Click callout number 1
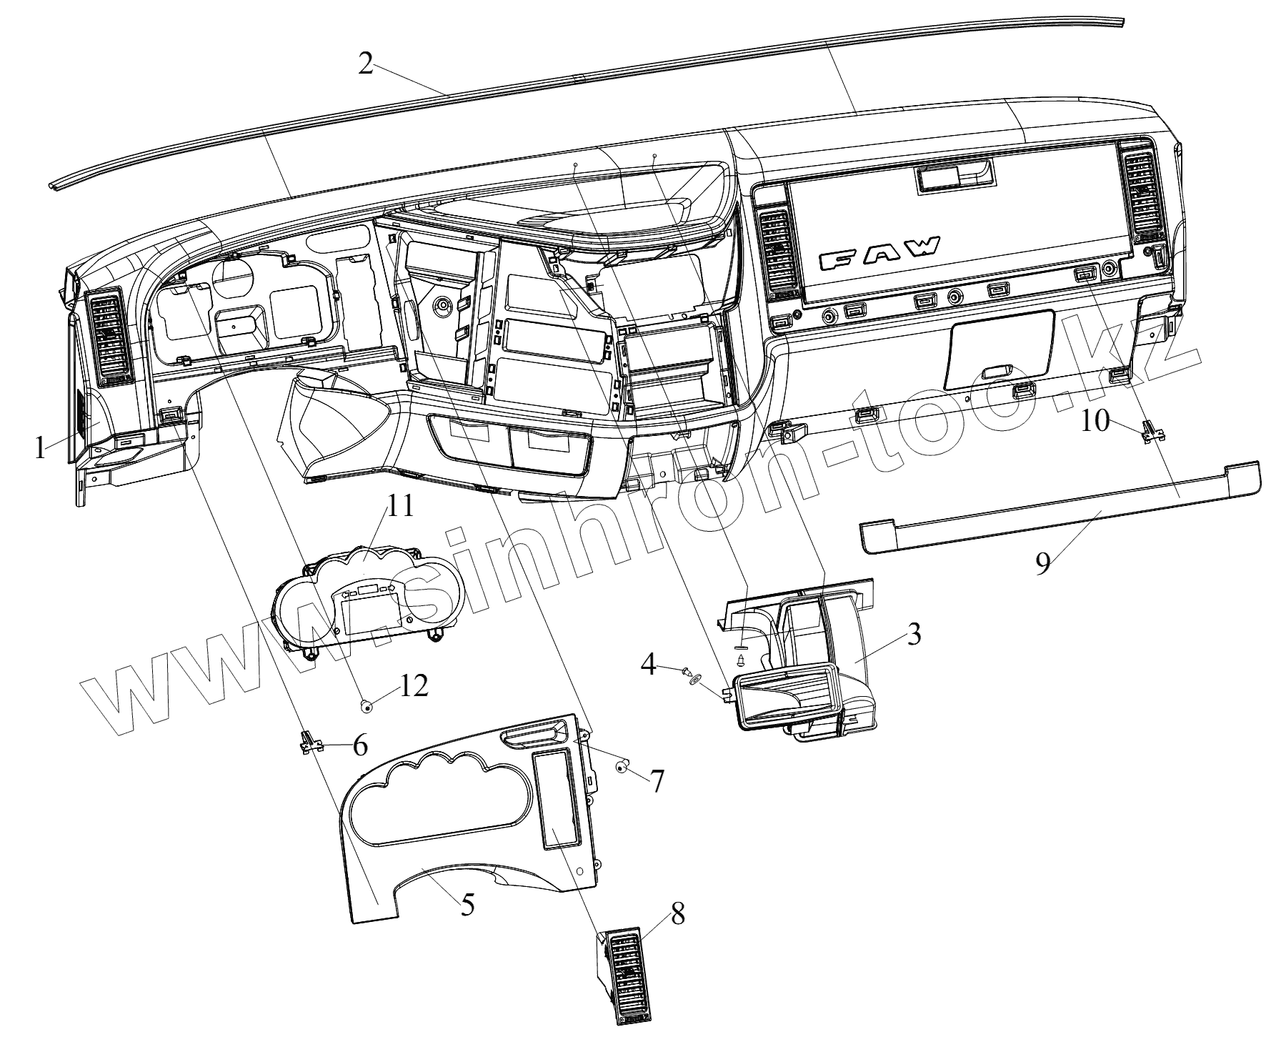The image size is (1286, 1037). click(41, 450)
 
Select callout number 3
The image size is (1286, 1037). click(914, 635)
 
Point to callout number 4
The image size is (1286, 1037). click(648, 665)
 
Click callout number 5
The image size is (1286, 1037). click(467, 904)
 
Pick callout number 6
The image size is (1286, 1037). click(359, 747)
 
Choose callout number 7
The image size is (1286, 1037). click(657, 781)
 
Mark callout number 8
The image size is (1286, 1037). click(677, 914)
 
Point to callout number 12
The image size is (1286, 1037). click(414, 686)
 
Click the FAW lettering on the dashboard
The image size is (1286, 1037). click(880, 253)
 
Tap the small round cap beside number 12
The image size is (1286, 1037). click(367, 707)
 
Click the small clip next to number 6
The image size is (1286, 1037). click(309, 743)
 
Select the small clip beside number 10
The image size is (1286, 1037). click(1150, 432)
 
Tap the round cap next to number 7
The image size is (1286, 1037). click(622, 768)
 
